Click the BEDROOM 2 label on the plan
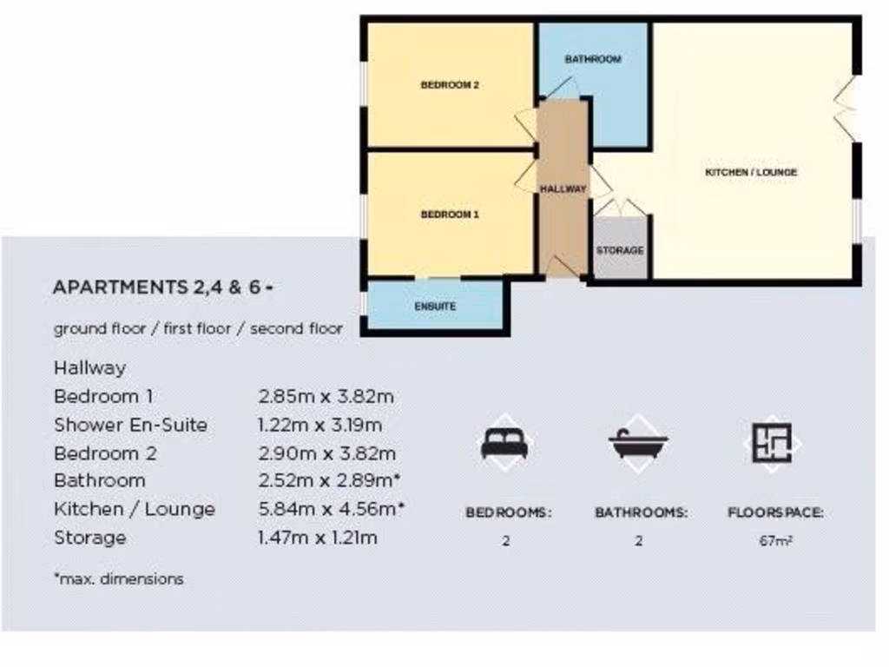tap(450, 85)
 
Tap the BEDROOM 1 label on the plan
tap(450, 215)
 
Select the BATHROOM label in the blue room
tap(593, 59)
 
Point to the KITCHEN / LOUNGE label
tap(750, 173)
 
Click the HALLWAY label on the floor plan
tap(563, 188)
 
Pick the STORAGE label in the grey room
tap(620, 250)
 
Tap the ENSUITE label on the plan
tap(435, 307)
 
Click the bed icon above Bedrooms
tap(504, 444)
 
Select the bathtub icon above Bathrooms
tap(638, 444)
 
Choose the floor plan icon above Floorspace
tap(772, 443)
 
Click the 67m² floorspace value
tap(775, 540)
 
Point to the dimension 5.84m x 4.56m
tap(332, 509)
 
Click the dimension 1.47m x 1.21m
tap(318, 538)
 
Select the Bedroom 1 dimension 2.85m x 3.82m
tap(326, 396)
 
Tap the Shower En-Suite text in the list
tap(130, 425)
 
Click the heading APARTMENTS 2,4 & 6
tap(163, 287)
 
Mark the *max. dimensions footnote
tap(118, 578)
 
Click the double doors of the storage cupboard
tap(620, 207)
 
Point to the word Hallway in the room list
tap(89, 368)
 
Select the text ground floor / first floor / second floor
tap(198, 329)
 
